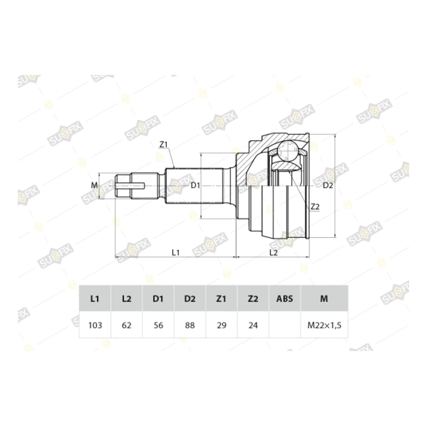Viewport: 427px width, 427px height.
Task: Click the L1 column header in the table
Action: click(95, 299)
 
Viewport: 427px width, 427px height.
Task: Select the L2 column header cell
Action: click(127, 299)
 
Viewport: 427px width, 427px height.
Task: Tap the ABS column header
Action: click(285, 299)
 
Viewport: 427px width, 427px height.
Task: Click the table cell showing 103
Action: click(95, 325)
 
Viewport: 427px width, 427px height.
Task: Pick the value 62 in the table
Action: click(127, 325)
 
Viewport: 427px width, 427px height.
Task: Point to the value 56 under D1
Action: click(158, 325)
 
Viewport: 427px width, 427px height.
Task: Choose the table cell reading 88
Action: click(190, 325)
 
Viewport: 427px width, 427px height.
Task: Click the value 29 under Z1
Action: click(222, 325)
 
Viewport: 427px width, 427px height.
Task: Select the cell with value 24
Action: click(253, 325)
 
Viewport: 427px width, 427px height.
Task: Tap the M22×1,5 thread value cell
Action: click(324, 325)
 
